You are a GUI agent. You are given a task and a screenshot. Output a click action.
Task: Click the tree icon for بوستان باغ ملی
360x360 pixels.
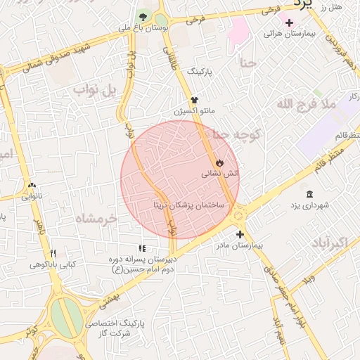(x=143, y=16)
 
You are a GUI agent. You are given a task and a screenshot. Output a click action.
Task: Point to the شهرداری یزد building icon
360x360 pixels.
(x=310, y=194)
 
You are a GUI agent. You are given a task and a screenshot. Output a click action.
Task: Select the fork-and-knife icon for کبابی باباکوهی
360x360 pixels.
(x=53, y=254)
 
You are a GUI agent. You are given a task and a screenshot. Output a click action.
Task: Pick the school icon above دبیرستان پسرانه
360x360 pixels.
(x=142, y=248)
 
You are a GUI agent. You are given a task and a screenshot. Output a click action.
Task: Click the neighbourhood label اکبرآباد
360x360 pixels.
(x=328, y=243)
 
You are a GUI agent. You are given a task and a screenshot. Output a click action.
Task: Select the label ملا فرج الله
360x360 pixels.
(x=307, y=104)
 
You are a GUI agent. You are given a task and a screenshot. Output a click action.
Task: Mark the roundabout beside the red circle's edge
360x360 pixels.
(x=237, y=212)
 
